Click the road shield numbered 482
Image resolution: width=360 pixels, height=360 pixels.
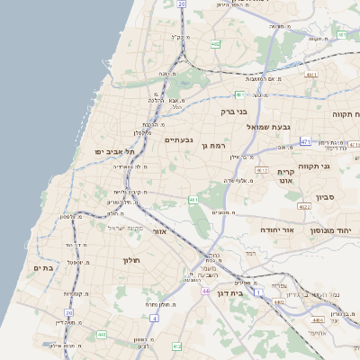[x=215, y=43]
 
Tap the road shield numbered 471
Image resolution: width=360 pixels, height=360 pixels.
[x=305, y=141]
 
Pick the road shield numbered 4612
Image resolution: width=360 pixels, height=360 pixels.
[x=262, y=169]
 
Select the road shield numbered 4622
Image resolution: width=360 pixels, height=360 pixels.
[x=305, y=207]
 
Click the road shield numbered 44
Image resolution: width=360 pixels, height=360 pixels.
[x=206, y=292]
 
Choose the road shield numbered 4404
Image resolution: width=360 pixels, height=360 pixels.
[x=318, y=319]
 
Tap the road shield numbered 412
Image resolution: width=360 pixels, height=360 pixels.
[x=176, y=346]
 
